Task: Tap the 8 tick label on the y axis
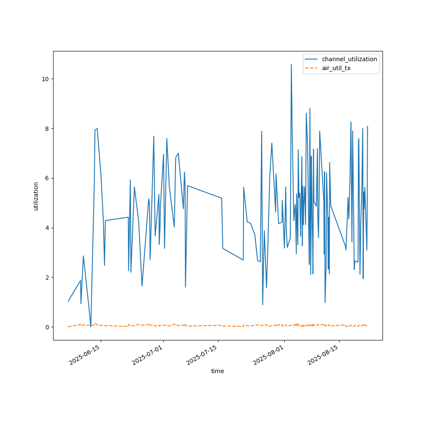coord(47,128)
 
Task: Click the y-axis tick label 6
coord(47,178)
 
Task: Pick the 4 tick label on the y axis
coord(47,228)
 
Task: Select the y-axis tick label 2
coord(47,278)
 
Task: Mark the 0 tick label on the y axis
coord(47,327)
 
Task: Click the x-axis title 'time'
coord(218,371)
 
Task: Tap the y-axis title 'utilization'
coord(36,196)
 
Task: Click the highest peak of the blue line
coord(291,65)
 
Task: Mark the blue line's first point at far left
coord(68,301)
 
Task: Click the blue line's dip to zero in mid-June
coord(91,326)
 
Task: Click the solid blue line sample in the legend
coord(312,59)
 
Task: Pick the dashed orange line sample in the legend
coord(312,68)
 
